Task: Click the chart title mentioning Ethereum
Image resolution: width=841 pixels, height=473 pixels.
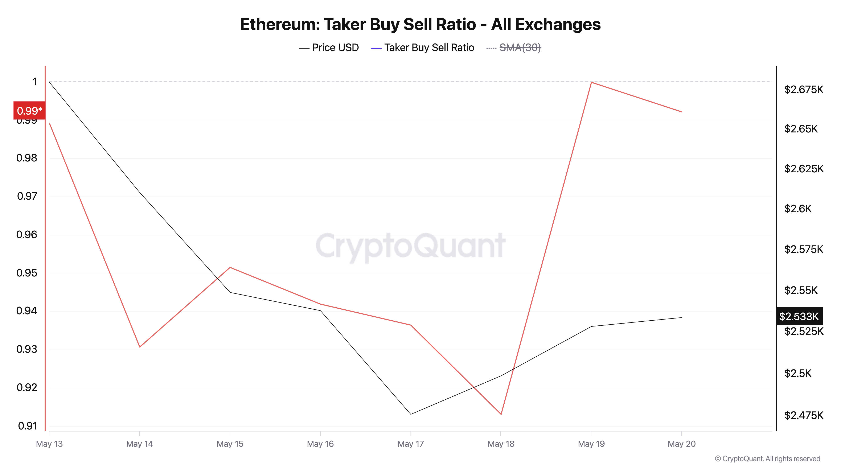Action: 420,24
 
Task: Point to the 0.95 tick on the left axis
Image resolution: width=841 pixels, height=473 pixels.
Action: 27,273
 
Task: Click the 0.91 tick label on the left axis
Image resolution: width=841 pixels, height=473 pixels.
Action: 27,426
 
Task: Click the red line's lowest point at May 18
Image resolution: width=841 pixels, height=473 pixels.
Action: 501,414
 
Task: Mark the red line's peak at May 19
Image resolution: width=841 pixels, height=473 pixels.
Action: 591,82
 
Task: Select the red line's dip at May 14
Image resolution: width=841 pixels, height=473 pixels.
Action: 140,347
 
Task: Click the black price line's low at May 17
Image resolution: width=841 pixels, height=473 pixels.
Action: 411,414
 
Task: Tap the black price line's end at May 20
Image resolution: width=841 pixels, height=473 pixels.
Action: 682,317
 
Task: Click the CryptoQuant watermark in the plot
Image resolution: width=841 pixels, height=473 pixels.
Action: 410,246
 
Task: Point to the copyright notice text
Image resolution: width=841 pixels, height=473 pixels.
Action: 767,459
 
